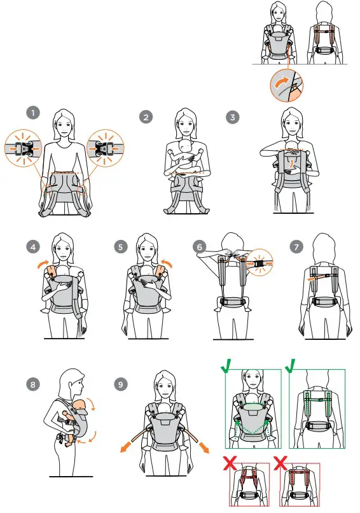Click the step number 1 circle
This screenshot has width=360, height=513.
33,113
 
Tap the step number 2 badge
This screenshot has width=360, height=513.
146,117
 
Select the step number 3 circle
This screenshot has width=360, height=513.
233,117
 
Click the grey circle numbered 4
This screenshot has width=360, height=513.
33,247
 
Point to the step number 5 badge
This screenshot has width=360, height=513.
121,247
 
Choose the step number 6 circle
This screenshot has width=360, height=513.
200,247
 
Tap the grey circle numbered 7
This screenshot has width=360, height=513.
296,247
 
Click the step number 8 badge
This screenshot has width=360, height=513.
33,384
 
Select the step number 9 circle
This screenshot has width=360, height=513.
121,384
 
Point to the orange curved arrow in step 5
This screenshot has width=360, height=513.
167,263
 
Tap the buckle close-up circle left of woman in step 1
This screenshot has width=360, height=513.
23,148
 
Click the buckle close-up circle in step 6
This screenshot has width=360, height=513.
260,262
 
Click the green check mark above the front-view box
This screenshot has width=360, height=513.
226,366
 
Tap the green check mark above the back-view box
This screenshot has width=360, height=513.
291,366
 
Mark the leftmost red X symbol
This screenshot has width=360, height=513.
230,463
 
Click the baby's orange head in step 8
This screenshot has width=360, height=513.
80,405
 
